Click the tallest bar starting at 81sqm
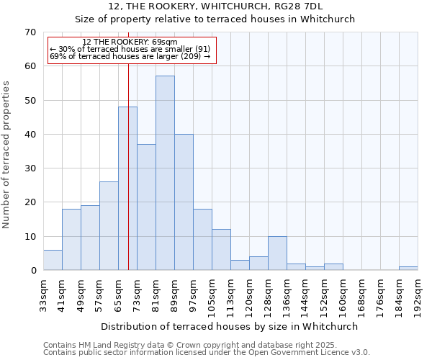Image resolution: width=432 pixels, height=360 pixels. [x=165, y=173]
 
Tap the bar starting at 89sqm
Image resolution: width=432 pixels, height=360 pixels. [x=184, y=202]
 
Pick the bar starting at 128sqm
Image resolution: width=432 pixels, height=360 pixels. [x=277, y=253]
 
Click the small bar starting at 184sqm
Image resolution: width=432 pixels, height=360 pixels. [x=408, y=269]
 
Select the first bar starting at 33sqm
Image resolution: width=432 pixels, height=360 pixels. [x=53, y=260]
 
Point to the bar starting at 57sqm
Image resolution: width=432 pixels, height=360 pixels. [x=109, y=226]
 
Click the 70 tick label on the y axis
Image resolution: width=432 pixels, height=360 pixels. [x=30, y=32]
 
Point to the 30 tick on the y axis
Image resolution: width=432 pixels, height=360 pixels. [x=30, y=168]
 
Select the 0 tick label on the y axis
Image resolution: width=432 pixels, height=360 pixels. [x=32, y=271]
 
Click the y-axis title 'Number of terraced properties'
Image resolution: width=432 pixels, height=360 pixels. [x=6, y=155]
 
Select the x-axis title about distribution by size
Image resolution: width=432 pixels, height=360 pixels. [x=230, y=326]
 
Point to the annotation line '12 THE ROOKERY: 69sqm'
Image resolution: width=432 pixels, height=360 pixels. [x=130, y=42]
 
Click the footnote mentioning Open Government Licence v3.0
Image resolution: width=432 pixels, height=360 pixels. [x=207, y=352]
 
